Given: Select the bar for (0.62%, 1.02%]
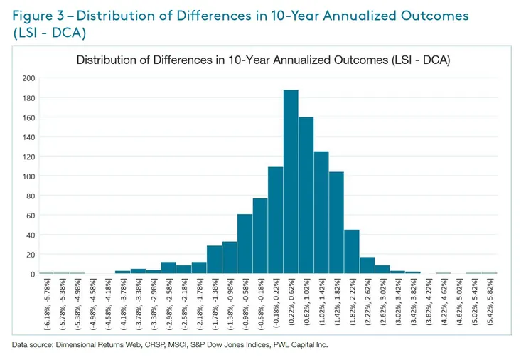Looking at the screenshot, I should [306, 196].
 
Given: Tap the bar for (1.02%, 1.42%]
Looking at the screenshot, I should [321, 213].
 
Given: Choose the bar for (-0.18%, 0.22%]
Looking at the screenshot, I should [276, 221].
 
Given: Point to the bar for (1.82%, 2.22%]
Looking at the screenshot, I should [352, 252].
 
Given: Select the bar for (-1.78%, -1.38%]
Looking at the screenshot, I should [214, 260].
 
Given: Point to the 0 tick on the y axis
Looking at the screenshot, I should [31, 274].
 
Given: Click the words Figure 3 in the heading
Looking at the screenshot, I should [39, 16].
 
